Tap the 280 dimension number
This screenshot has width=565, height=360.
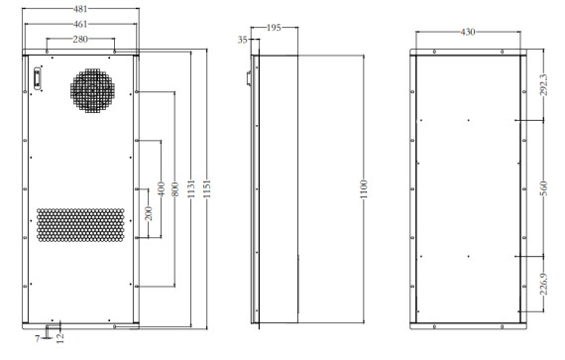click(x=79, y=39)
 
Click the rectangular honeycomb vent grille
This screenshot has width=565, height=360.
click(x=80, y=225)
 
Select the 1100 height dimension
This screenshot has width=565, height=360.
click(x=364, y=188)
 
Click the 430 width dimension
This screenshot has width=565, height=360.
click(x=467, y=32)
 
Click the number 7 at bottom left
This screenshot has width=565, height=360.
click(x=37, y=339)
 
